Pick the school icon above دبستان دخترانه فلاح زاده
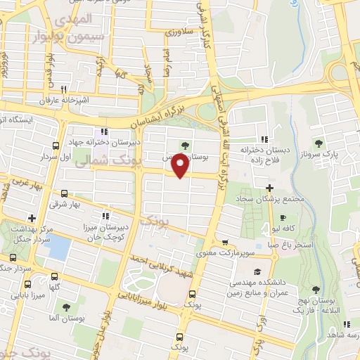pos(265,139)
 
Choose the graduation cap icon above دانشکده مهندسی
pos(257,271)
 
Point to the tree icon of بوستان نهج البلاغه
pos(314,290)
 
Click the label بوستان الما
pos(66,319)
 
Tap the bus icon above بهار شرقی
pos(65,193)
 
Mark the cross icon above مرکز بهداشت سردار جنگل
pos(32,219)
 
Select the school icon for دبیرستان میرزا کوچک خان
pos(105,216)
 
